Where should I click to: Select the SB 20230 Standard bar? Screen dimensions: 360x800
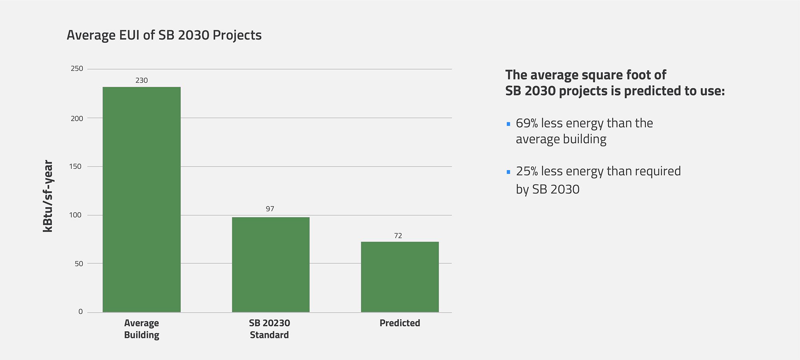(271, 264)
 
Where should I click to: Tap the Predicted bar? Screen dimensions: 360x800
(400, 277)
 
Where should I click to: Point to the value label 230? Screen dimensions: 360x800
(142, 80)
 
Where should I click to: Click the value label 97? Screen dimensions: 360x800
(270, 209)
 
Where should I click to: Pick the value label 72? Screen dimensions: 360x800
(398, 236)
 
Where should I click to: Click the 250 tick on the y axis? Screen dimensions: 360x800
(77, 69)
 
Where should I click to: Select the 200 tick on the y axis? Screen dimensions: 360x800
(77, 118)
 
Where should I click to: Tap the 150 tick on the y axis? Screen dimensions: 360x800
(75, 166)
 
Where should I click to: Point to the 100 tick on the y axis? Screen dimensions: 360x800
(75, 215)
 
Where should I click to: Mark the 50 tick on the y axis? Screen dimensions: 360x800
(79, 264)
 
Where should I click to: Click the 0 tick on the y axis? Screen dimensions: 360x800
(81, 312)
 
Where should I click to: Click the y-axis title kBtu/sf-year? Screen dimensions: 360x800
(48, 196)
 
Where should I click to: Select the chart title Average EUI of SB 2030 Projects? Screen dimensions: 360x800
(164, 35)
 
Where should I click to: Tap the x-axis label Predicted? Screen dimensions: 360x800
(400, 323)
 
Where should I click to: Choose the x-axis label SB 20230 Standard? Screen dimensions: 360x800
(269, 329)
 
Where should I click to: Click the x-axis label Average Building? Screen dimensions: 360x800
(142, 329)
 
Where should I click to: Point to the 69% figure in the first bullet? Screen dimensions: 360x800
(527, 123)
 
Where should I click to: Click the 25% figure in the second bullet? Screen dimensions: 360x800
(527, 171)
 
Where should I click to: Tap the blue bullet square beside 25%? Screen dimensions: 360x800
(508, 172)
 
